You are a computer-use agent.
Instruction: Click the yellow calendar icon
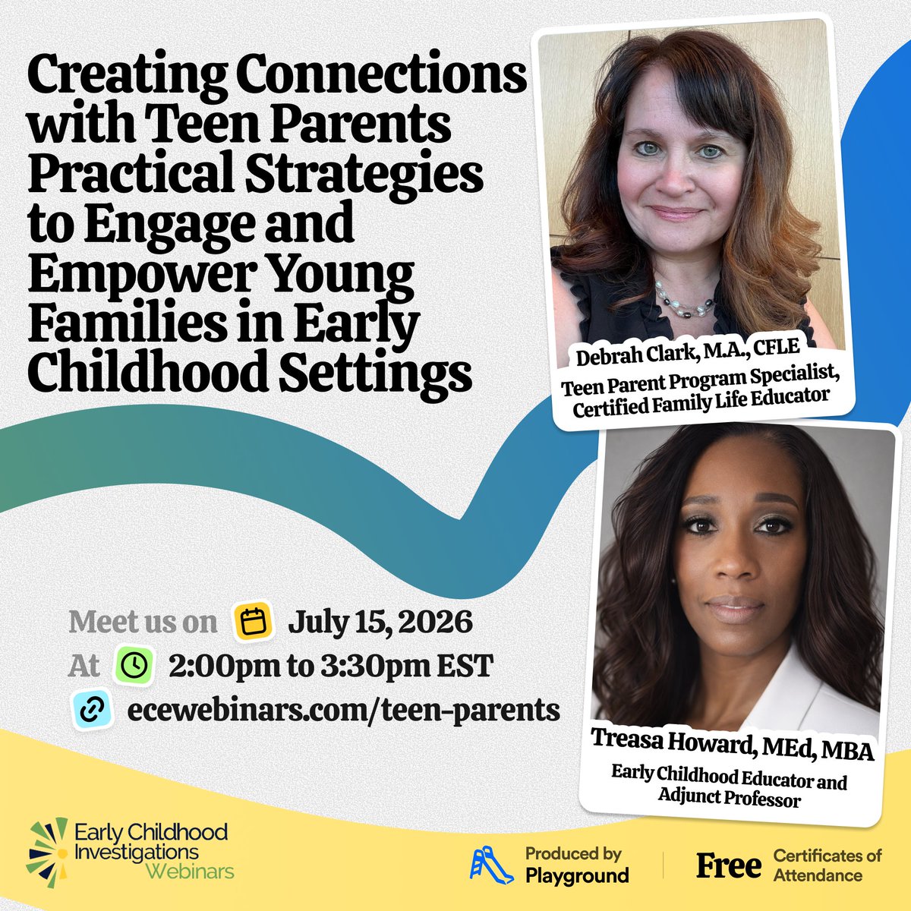click(x=253, y=622)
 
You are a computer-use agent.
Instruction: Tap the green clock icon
click(x=134, y=666)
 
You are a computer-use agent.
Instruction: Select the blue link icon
click(x=92, y=710)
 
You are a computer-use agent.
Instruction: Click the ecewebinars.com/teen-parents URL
click(x=344, y=710)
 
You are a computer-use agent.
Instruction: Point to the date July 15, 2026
click(x=380, y=623)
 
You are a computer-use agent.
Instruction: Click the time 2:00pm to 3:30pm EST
click(x=330, y=667)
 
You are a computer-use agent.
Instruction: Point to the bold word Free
click(x=729, y=866)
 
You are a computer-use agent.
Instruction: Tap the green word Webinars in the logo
click(x=190, y=871)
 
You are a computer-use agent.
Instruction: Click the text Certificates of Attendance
click(x=827, y=865)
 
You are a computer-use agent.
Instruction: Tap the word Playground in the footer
click(x=577, y=875)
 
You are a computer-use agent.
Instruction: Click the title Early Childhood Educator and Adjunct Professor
click(x=730, y=785)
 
